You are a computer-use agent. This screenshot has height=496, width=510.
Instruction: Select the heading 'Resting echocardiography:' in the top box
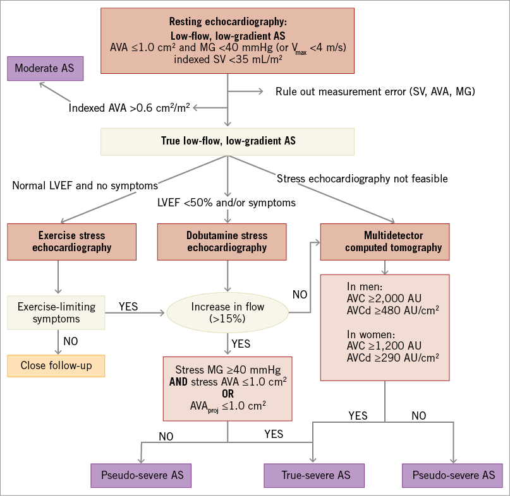point(228,21)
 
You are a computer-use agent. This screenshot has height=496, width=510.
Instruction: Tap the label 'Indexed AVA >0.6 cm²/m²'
point(130,108)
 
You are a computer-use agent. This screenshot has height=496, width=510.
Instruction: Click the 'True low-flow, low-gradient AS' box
point(228,141)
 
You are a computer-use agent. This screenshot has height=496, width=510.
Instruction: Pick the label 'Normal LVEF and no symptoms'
point(85,186)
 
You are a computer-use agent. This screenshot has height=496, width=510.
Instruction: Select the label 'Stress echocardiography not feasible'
point(362,179)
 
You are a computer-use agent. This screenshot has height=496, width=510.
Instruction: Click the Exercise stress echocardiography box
point(71,241)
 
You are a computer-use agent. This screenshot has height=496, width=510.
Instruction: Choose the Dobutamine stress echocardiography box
point(227,241)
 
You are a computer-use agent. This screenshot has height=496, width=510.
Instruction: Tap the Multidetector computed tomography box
point(385,241)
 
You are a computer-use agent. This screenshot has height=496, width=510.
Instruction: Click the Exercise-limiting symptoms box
point(56,313)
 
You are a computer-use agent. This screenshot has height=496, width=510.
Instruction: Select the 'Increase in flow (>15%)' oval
point(227,313)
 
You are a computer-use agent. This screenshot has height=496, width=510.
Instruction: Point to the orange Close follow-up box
point(56,365)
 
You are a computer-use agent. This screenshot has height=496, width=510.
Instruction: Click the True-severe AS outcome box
point(313,475)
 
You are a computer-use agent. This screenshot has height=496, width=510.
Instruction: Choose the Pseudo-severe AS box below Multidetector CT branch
point(452,475)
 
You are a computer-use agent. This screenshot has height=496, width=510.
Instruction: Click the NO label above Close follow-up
point(70,341)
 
